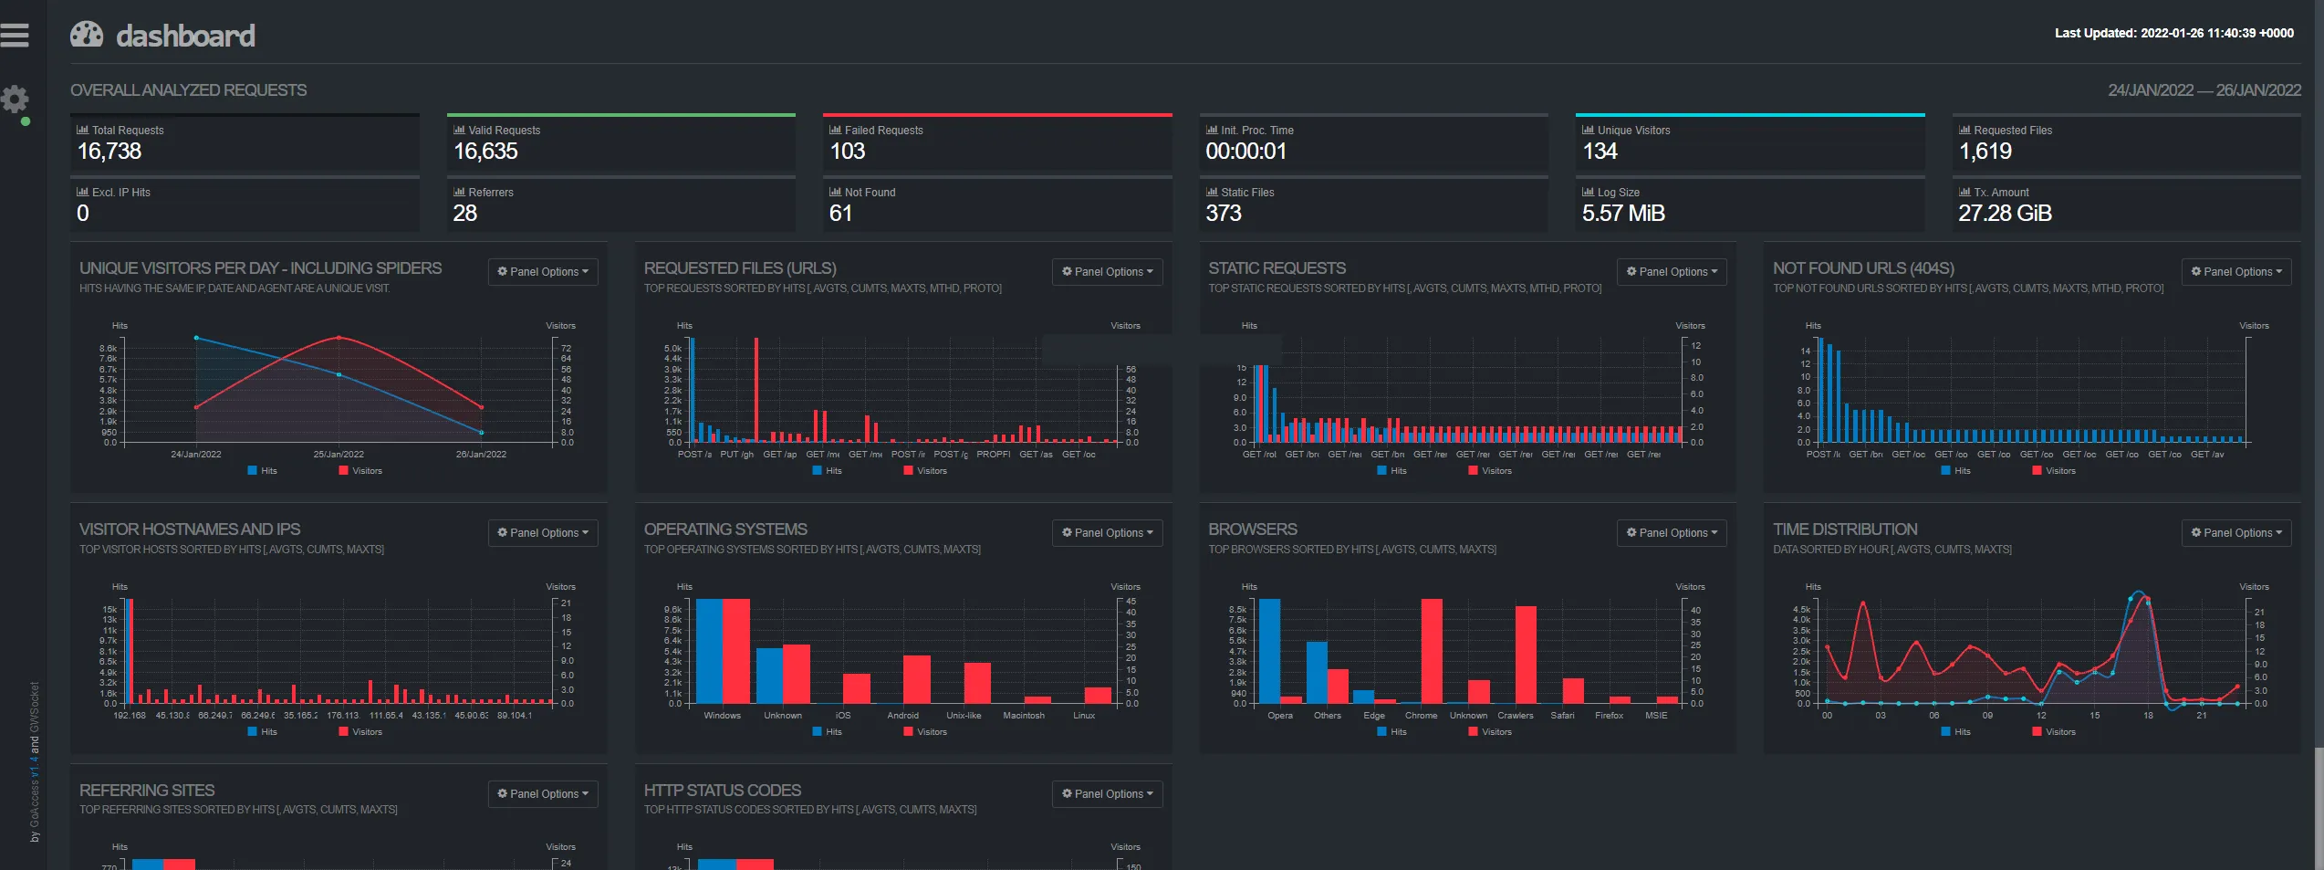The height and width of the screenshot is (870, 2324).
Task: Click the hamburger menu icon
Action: click(15, 35)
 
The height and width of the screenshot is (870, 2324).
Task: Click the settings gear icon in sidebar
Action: click(15, 99)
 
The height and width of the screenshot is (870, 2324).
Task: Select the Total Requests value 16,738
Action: click(109, 152)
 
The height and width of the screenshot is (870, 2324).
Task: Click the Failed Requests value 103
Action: click(847, 152)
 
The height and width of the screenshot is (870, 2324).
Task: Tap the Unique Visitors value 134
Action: click(1600, 152)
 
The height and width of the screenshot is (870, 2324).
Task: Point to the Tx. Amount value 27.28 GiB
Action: click(2005, 214)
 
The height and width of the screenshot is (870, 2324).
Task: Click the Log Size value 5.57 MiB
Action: click(1623, 214)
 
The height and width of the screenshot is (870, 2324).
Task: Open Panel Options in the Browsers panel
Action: click(1672, 533)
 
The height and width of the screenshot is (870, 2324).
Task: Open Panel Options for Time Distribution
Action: click(2236, 533)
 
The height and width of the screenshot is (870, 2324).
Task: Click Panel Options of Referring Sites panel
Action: click(543, 794)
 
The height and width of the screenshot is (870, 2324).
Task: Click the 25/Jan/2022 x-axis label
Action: click(339, 455)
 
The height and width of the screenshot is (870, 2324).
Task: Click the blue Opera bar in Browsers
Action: click(1269, 650)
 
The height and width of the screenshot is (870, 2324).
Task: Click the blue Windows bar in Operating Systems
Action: click(709, 650)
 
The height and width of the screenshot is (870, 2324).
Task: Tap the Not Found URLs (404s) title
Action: click(1863, 268)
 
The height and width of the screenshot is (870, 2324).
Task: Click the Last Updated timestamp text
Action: click(2173, 33)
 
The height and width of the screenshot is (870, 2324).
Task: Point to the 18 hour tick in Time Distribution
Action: click(2148, 716)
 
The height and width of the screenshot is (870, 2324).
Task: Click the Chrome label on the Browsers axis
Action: click(1421, 716)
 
